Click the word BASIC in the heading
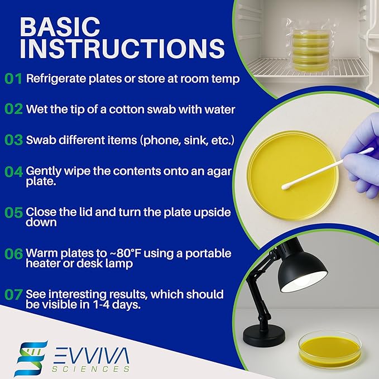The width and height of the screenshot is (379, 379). [x=60, y=26]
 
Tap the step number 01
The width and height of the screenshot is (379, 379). [x=13, y=79]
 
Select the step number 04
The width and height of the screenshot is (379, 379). [x=13, y=171]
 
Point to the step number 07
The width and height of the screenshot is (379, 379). [x=13, y=294]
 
